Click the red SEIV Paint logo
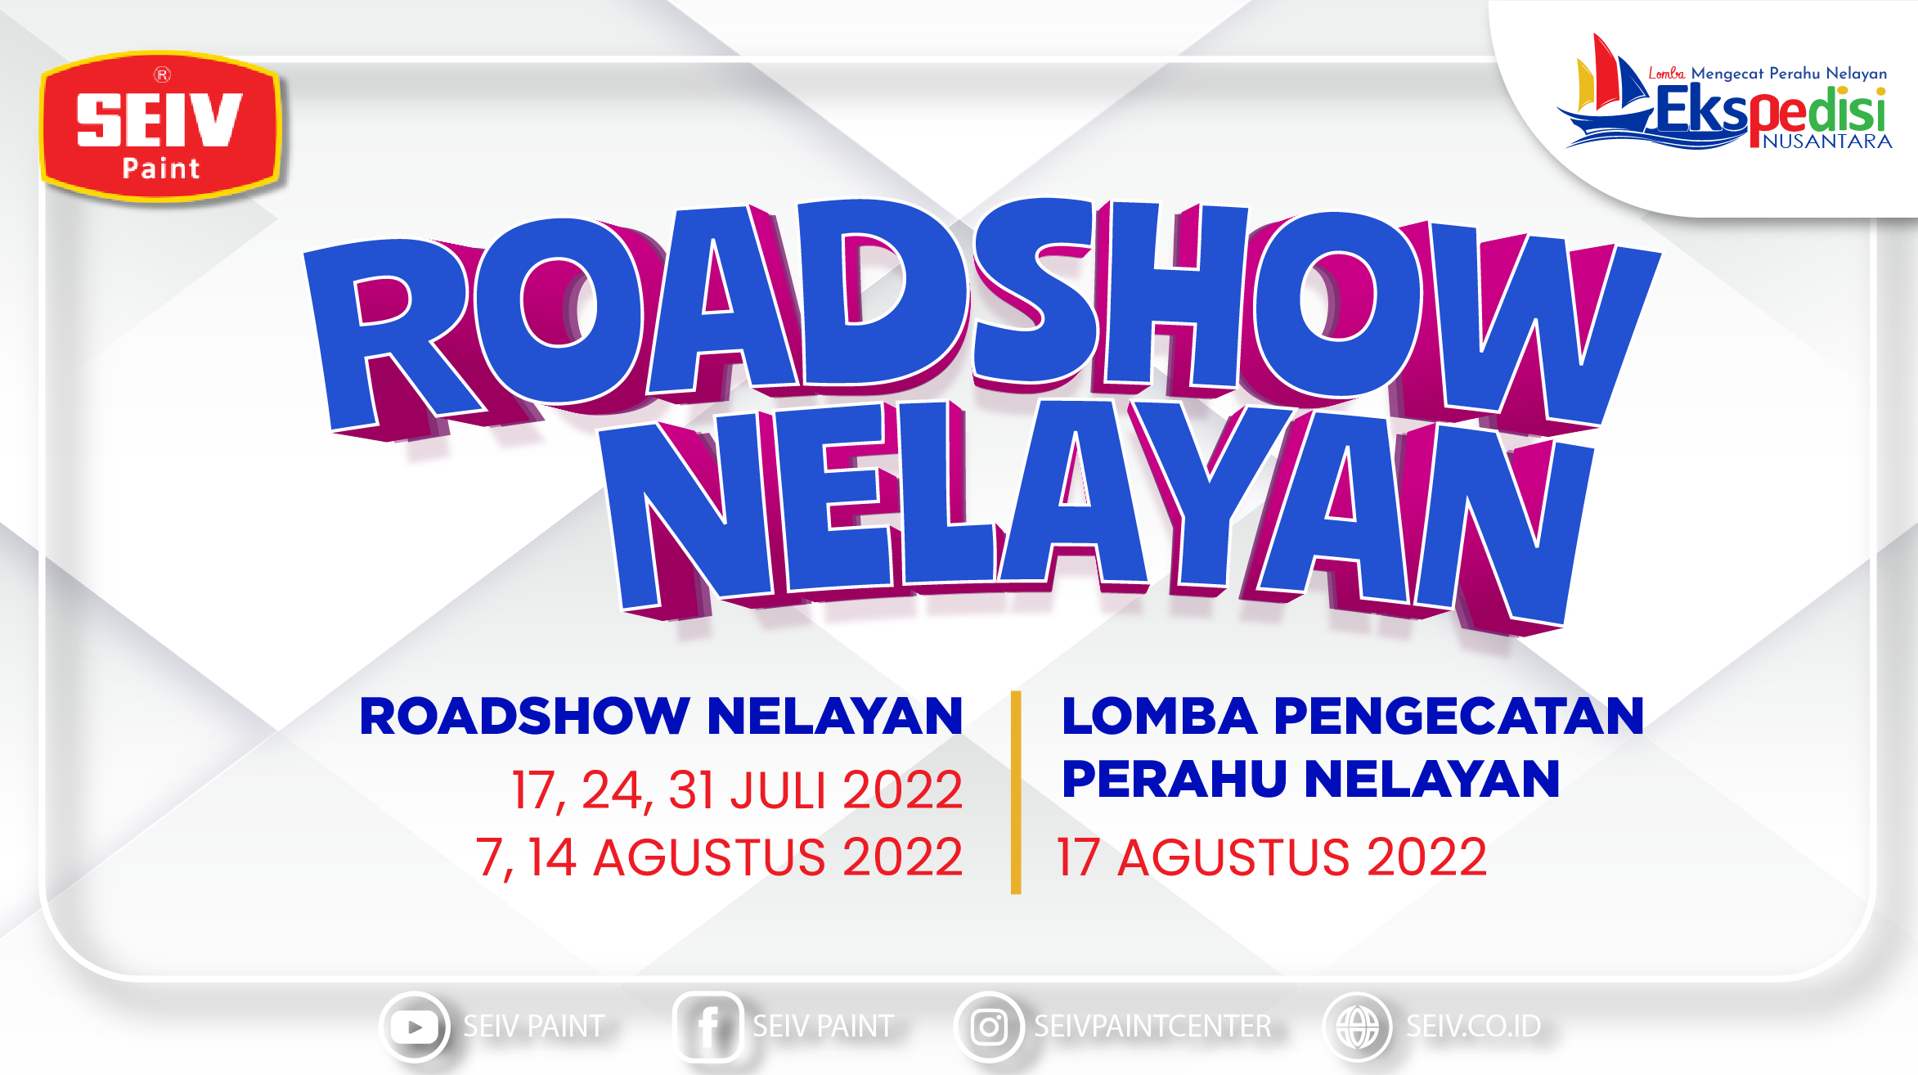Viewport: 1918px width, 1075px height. [161, 126]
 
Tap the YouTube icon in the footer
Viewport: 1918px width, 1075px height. [415, 1027]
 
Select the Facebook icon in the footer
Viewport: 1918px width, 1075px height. [707, 1027]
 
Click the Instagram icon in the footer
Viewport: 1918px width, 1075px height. [989, 1027]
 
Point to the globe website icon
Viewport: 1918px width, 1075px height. [1358, 1027]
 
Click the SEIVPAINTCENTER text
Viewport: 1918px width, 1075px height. [1153, 1026]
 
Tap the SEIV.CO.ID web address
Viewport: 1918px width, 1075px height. [1474, 1026]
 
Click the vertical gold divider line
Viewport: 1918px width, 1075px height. [1016, 792]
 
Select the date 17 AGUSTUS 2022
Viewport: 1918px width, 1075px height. [1272, 857]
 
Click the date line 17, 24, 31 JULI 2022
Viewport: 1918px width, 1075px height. [737, 790]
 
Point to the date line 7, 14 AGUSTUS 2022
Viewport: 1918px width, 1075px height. [720, 857]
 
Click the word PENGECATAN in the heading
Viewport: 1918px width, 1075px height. [1458, 716]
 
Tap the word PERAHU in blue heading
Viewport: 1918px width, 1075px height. [1175, 778]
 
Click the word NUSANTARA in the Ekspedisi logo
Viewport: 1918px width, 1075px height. [1827, 142]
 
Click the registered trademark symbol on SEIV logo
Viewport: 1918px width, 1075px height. [162, 75]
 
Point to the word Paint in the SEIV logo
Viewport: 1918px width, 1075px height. [161, 169]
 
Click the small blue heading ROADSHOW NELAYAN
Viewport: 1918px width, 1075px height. [661, 716]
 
